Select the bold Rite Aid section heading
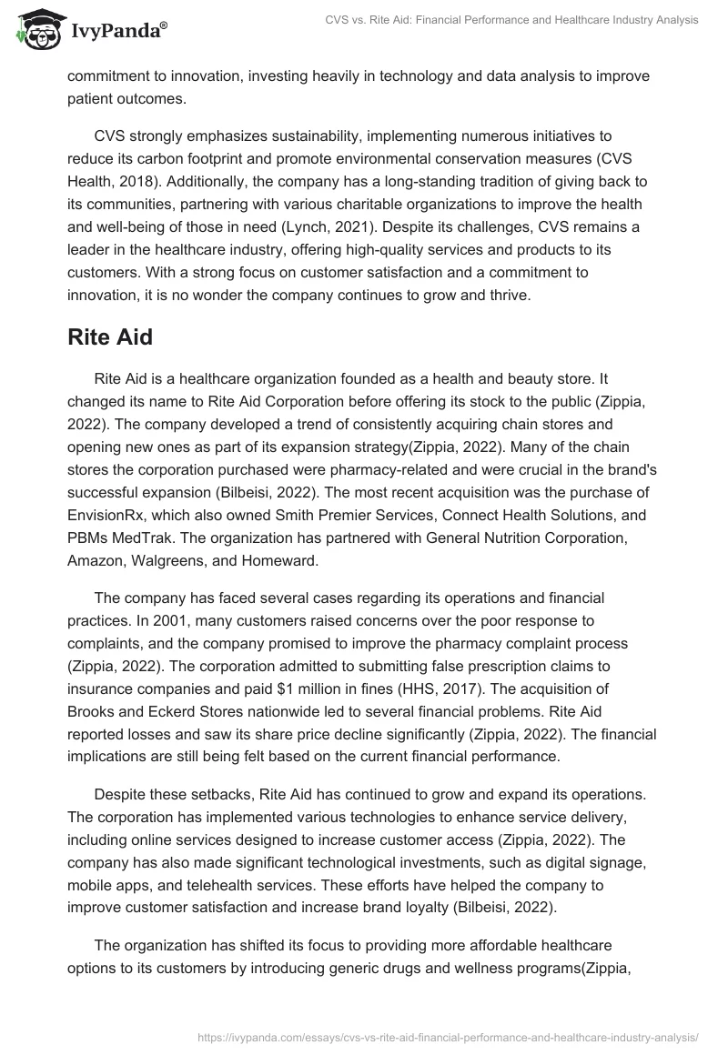(110, 337)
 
